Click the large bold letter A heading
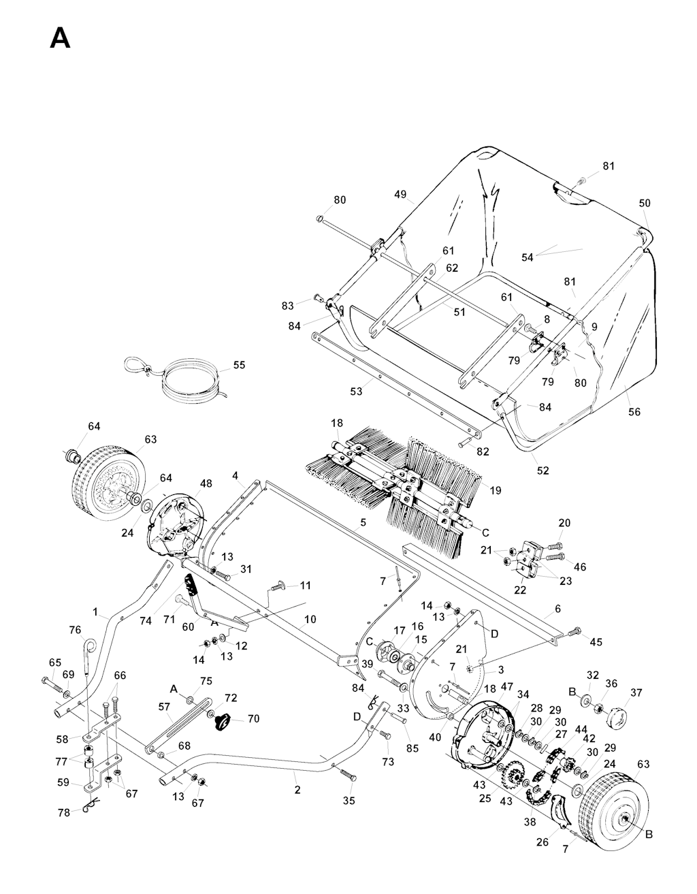tap(60, 38)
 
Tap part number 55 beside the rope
tap(239, 365)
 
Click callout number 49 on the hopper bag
tap(400, 194)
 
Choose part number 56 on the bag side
tap(634, 412)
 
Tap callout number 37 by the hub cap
tap(636, 693)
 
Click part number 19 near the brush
tap(494, 490)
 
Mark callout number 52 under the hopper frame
tap(542, 470)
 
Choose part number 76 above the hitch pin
tap(75, 629)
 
